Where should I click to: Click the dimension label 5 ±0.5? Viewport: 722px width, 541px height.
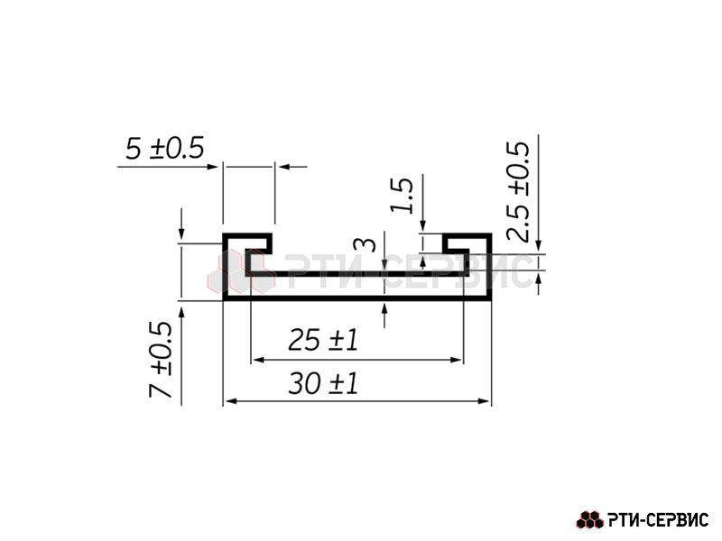coord(164,148)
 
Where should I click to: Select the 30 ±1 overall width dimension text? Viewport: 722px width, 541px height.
coord(323,383)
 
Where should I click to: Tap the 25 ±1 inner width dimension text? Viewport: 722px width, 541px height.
coord(323,341)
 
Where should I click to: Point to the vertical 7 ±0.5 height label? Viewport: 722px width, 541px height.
coord(161,359)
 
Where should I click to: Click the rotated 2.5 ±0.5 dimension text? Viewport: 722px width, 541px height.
coord(518,191)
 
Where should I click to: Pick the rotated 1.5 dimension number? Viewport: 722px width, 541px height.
coord(402,195)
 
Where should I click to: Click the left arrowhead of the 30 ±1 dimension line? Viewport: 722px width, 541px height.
coord(232,401)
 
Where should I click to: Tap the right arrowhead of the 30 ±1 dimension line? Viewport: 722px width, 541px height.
coord(484,401)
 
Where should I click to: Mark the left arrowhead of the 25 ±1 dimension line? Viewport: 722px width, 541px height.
coord(259,360)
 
